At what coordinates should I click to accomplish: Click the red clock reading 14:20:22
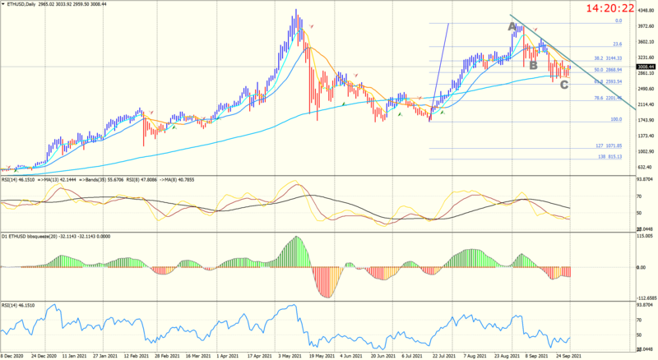pos(609,9)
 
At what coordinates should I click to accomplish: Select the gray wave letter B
pos(533,65)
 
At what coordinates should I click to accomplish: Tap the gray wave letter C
pos(563,85)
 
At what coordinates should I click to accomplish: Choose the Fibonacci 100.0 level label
pos(614,119)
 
